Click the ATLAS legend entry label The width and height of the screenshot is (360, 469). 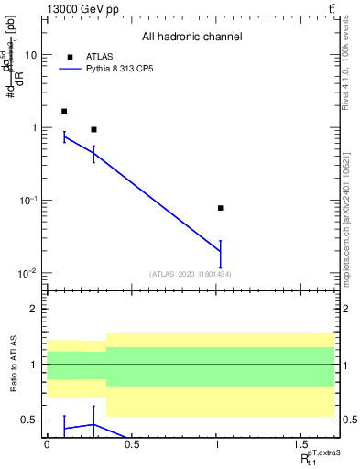99,56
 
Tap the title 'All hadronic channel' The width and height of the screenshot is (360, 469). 191,38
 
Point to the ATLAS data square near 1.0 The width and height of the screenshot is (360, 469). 221,208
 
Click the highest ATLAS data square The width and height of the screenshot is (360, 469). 64,111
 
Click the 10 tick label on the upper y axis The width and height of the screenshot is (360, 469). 30,55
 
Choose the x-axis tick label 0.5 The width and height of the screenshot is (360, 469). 132,446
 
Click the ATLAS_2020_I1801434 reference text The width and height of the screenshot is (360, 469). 191,274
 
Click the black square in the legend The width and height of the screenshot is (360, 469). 70,56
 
